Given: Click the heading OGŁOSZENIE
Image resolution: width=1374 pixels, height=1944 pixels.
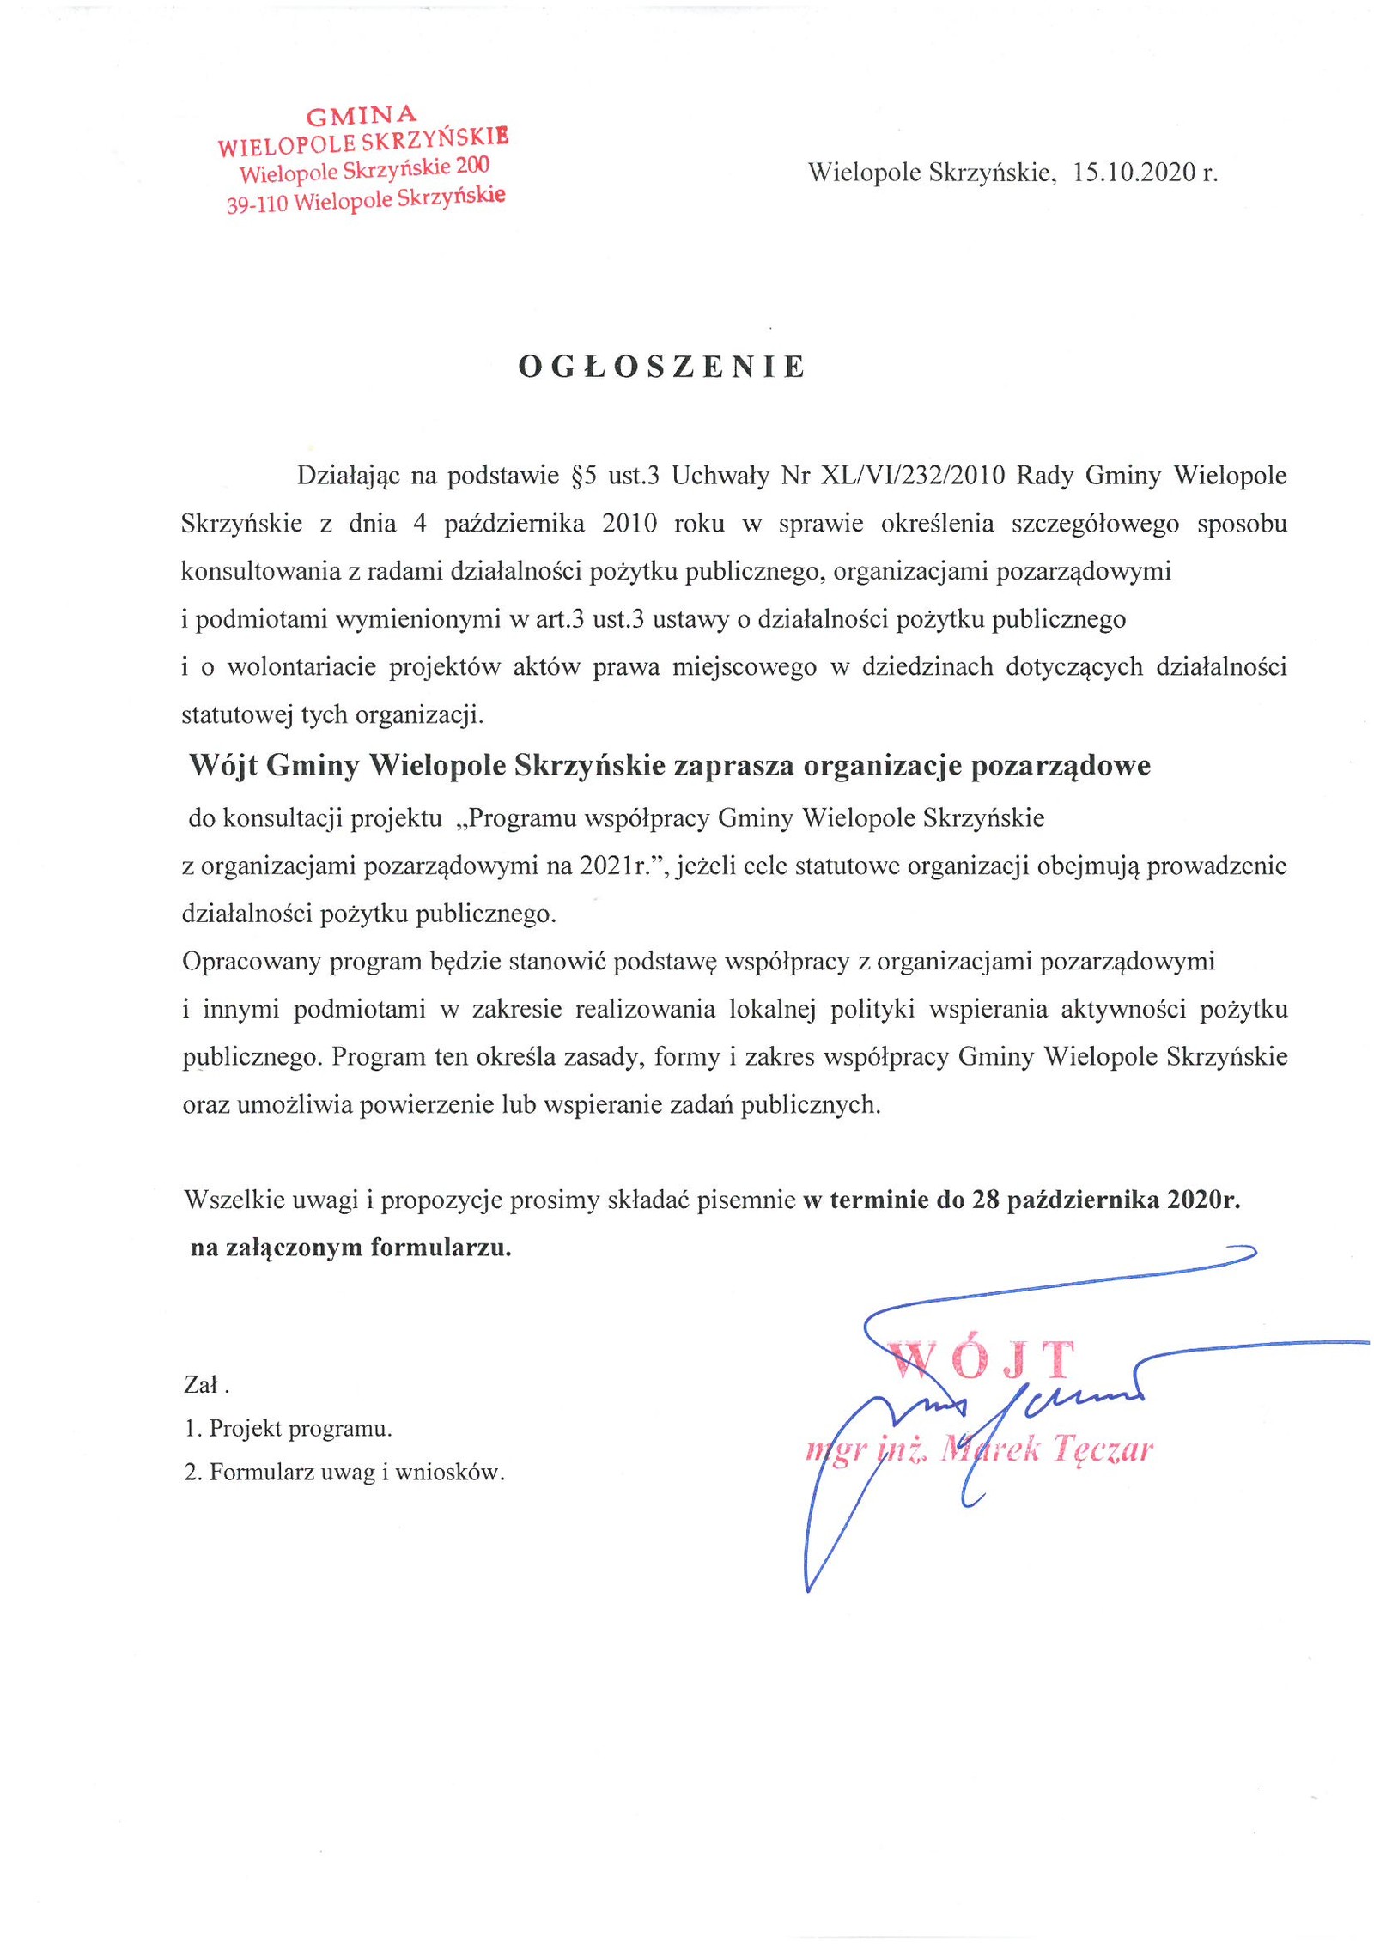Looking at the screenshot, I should pos(662,367).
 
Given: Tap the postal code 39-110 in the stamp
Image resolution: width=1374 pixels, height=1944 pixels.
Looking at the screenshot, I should pos(257,204).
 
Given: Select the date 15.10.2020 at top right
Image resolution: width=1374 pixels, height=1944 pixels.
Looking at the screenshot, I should pos(1134,173).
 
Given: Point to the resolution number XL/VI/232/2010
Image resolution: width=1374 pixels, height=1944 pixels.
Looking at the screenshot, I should pos(913,476).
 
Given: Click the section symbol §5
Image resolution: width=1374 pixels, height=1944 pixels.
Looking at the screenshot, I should pos(583,476).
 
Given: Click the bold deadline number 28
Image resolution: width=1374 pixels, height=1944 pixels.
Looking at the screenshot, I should pos(985,1200).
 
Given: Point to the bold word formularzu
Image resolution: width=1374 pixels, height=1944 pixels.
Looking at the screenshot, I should pos(441,1248).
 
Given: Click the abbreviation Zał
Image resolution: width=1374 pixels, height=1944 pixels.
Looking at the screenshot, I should pos(204,1385).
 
